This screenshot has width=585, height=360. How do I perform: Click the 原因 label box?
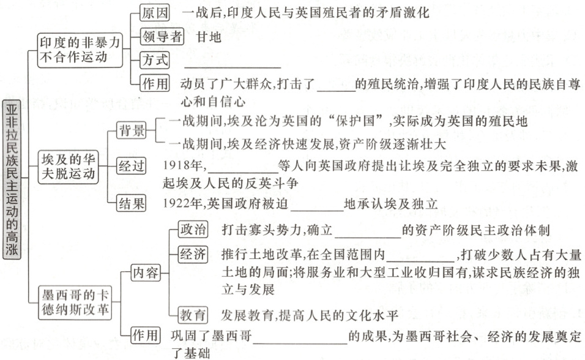coord(155,13)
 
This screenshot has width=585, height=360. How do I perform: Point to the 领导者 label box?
coord(162,36)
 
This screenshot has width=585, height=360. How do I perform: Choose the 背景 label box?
coord(132,130)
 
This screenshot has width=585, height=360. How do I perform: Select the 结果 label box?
coord(132,203)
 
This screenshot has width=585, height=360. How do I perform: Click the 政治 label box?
coord(193,230)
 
